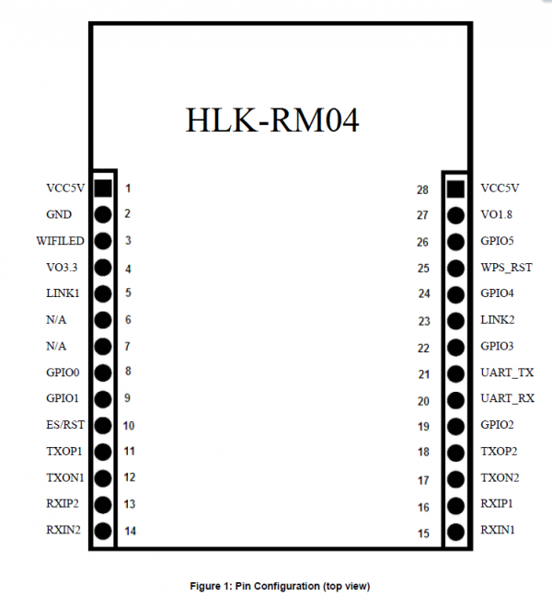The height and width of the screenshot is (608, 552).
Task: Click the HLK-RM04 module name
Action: [272, 120]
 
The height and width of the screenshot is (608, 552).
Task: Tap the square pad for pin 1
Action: [103, 188]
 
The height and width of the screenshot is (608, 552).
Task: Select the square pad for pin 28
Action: [455, 189]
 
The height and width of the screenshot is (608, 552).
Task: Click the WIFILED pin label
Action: [60, 241]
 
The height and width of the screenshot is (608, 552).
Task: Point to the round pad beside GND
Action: [103, 214]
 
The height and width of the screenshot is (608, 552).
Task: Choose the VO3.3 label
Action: [62, 267]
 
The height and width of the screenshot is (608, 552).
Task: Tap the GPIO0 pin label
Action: [63, 373]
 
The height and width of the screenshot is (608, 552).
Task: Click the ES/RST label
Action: [65, 425]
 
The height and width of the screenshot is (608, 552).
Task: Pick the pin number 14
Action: [131, 531]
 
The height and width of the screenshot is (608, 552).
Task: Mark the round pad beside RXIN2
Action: [103, 531]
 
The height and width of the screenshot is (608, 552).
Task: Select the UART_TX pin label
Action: [507, 373]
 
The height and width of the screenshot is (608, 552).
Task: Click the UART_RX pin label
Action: [508, 398]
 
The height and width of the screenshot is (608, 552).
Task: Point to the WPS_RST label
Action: [506, 268]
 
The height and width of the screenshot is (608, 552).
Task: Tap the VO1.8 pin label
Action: [496, 214]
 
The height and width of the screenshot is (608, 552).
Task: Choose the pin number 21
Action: [423, 374]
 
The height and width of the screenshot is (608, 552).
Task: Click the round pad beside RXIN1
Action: [455, 532]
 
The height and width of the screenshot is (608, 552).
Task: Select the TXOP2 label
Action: [499, 452]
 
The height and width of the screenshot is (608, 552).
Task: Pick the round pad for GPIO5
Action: [455, 242]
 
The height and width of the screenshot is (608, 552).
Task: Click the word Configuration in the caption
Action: [287, 586]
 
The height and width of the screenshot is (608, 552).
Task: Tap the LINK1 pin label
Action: [63, 293]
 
